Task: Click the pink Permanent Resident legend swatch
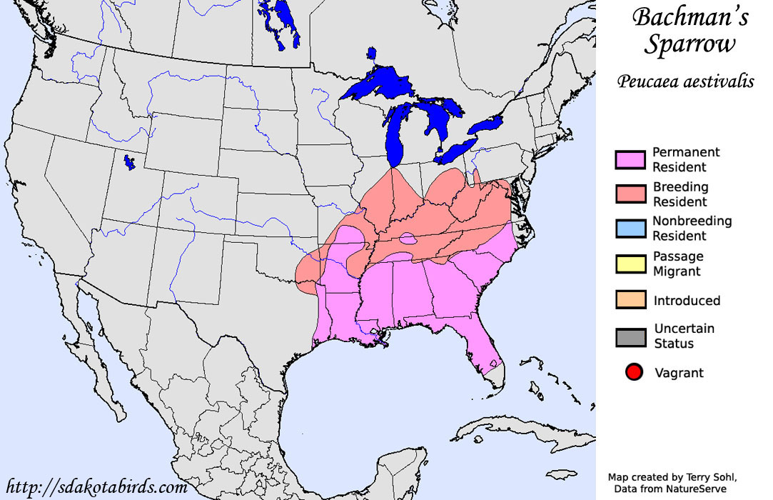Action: (x=631, y=160)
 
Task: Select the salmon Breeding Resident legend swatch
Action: (x=631, y=194)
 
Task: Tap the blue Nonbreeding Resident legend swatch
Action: (x=631, y=229)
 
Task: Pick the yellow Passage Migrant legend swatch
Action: (x=631, y=264)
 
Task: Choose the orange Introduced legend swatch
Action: (x=631, y=300)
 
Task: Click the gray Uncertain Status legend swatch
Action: (x=631, y=336)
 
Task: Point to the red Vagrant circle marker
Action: (x=632, y=372)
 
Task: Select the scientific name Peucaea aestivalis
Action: (x=686, y=81)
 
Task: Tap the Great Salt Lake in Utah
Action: (x=128, y=162)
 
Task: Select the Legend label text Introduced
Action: (x=687, y=301)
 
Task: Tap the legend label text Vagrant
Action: (x=679, y=373)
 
